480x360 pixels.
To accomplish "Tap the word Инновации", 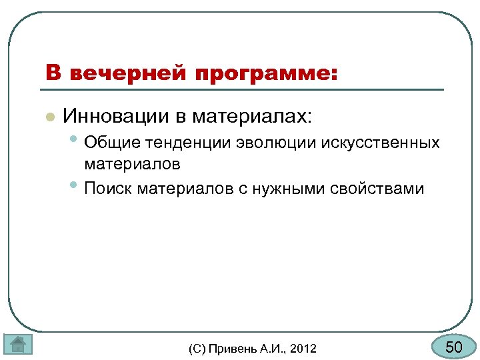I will [x=117, y=117].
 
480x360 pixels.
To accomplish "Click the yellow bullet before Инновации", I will [x=49, y=117].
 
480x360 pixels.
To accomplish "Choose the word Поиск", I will [x=109, y=189].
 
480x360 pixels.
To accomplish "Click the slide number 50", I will [x=453, y=347].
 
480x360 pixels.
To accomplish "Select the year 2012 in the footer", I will [x=304, y=348].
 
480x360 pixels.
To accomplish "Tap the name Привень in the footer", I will [x=230, y=348].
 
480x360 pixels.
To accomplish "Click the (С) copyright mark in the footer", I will [x=198, y=348].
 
